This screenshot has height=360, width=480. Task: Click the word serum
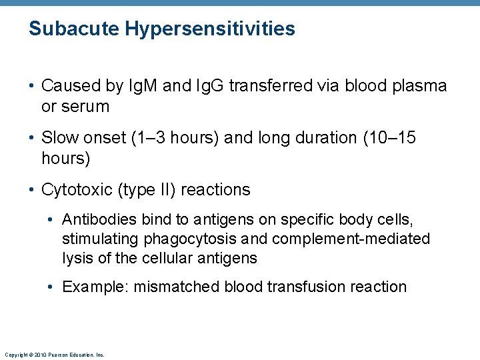pyautogui.click(x=85, y=106)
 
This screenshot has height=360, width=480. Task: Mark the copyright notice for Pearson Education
pyautogui.click(x=54, y=355)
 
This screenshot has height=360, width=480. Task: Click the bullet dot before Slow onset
pyautogui.click(x=32, y=138)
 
